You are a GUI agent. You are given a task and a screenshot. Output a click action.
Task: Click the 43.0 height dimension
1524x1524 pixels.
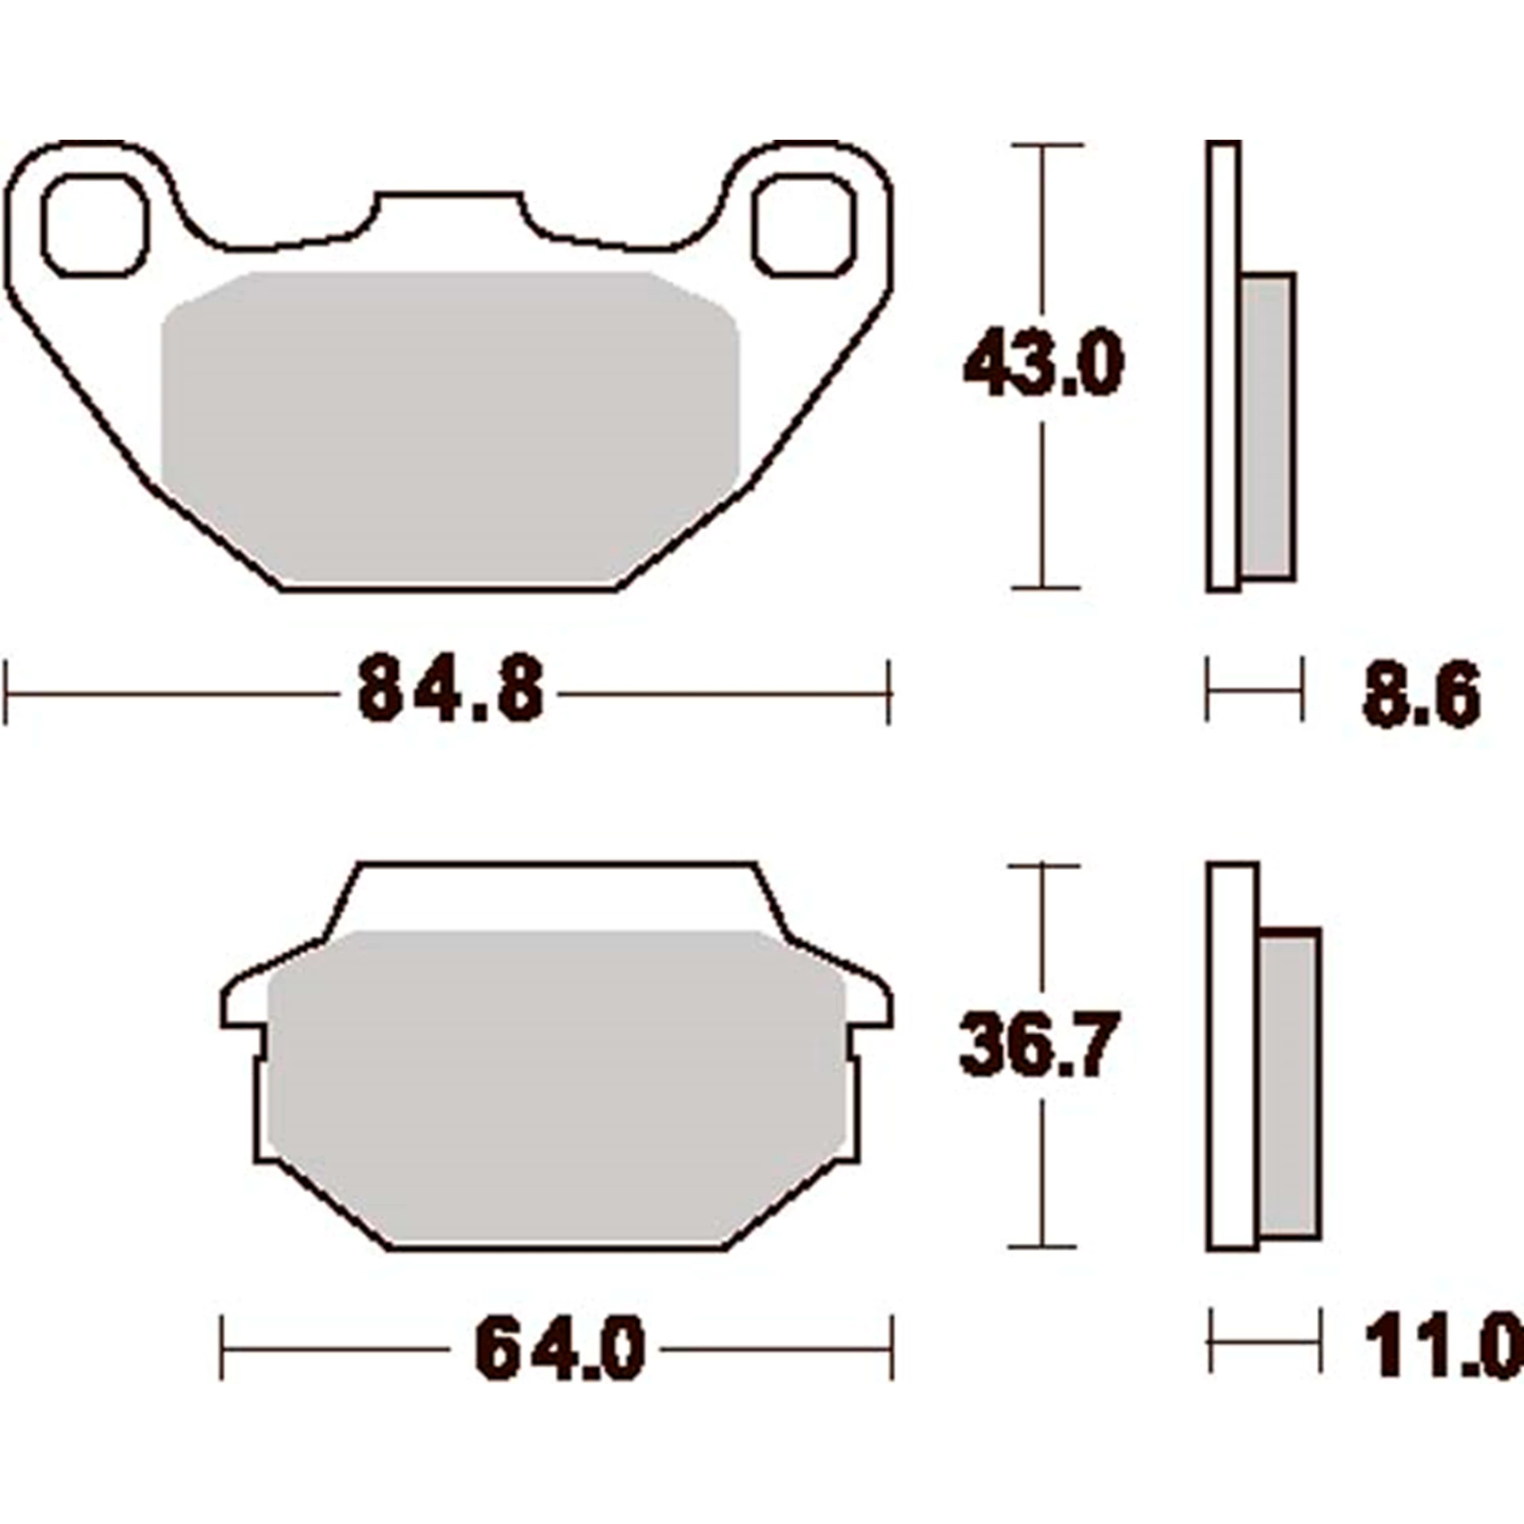coord(1044,364)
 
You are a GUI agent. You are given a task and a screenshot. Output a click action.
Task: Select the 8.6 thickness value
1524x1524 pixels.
coord(1421,695)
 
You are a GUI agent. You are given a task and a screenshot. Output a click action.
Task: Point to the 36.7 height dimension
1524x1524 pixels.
coord(1039,1043)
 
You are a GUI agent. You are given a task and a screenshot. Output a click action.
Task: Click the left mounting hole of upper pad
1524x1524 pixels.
coord(95,225)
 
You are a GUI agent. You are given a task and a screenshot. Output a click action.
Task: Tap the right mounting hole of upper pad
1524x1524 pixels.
coord(805,225)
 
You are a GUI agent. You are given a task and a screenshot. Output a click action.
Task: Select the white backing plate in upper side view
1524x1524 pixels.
coord(1223,365)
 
